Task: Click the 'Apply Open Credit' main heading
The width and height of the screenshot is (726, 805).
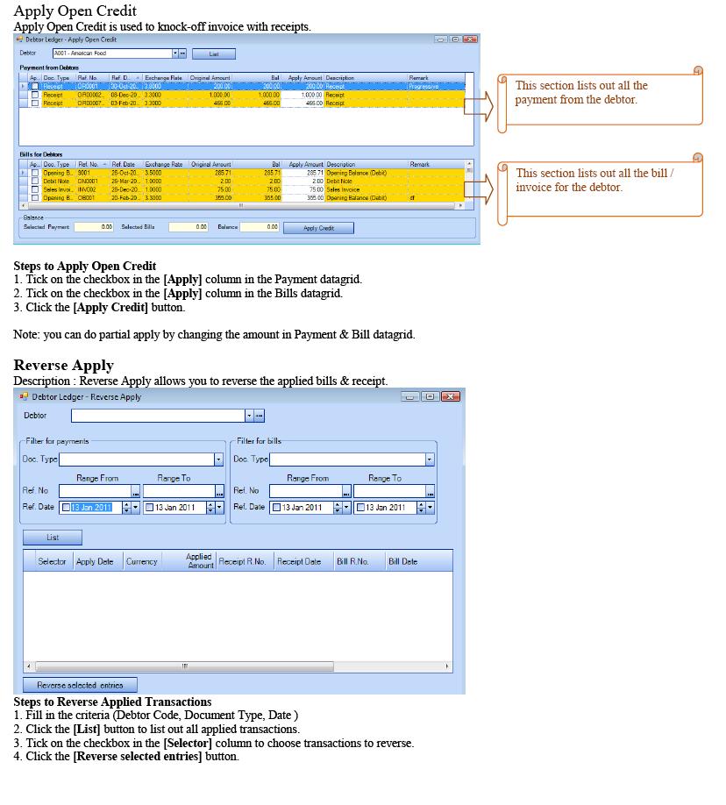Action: coord(75,11)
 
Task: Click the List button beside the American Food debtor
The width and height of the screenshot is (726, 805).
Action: coord(213,53)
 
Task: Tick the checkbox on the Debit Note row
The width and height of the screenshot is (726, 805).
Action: coord(35,182)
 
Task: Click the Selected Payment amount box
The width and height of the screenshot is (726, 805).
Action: coord(94,227)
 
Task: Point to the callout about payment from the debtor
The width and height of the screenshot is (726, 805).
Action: coord(601,97)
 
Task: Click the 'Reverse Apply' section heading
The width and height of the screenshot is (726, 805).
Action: coord(63,365)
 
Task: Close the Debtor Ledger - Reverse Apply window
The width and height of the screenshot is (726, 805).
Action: coord(451,397)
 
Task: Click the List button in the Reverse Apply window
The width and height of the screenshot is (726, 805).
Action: coord(53,538)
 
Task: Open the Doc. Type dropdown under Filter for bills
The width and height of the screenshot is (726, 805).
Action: coord(430,459)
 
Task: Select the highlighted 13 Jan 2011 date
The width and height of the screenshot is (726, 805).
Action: coord(91,508)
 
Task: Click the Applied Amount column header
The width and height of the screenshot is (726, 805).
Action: coord(199,561)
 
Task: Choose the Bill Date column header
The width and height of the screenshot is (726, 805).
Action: coord(403,561)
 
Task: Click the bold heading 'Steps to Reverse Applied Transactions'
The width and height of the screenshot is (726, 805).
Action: coord(112,702)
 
